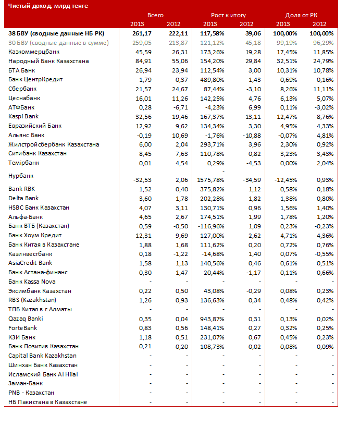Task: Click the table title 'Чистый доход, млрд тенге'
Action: [48, 6]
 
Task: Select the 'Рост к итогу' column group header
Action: [228, 15]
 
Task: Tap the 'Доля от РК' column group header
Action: [301, 15]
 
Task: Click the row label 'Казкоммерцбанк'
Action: [34, 52]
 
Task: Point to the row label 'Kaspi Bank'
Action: [23, 117]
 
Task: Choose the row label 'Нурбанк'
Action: [21, 176]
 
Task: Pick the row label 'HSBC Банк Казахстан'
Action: [39, 208]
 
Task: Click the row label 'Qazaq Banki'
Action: [26, 319]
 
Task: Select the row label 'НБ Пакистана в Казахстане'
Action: [47, 402]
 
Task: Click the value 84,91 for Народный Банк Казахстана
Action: [143, 62]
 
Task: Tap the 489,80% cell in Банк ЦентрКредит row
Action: [212, 80]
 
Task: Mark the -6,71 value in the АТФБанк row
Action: [180, 107]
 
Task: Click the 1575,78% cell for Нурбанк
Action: [210, 180]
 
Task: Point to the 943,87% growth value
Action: [212, 319]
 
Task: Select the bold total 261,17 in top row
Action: [142, 33]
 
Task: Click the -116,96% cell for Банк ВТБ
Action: [211, 226]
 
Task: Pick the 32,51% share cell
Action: [287, 62]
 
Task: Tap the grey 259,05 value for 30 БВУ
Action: [142, 43]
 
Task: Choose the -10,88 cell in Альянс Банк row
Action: [252, 136]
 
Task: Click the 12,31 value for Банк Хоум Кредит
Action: [143, 236]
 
